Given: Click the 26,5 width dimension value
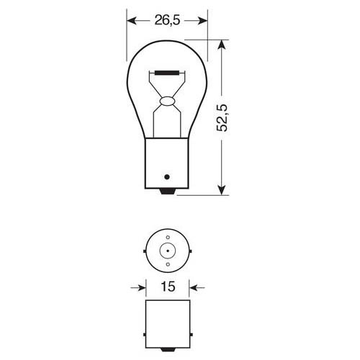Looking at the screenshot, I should click(x=167, y=20).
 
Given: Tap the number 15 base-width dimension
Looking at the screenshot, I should click(x=167, y=287).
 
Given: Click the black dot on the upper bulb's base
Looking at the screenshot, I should click(x=166, y=176).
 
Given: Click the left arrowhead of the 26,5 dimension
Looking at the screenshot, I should click(x=131, y=20).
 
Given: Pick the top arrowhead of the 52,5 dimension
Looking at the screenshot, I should click(x=222, y=43).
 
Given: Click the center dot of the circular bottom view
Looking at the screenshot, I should click(x=167, y=251).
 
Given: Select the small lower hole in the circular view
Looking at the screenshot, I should click(x=167, y=265).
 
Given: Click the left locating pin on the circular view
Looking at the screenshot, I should click(x=145, y=251).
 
